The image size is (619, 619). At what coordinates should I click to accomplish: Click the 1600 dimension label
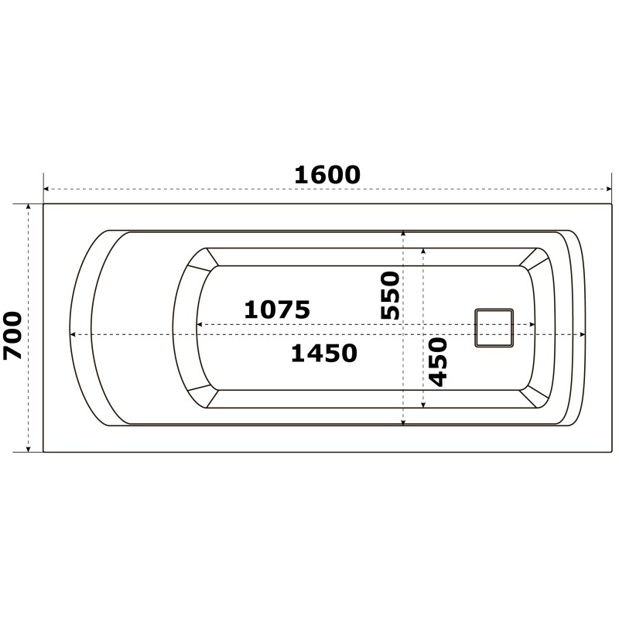pyautogui.click(x=327, y=175)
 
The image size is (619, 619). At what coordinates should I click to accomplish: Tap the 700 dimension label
pyautogui.click(x=12, y=336)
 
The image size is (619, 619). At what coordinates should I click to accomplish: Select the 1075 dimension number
pyautogui.click(x=277, y=309)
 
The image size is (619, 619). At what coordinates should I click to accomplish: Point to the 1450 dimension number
pyautogui.click(x=324, y=353)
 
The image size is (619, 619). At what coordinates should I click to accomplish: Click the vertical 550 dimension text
pyautogui.click(x=390, y=295)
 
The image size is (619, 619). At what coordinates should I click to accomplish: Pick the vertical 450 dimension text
pyautogui.click(x=438, y=361)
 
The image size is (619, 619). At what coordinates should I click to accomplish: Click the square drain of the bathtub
pyautogui.click(x=494, y=328)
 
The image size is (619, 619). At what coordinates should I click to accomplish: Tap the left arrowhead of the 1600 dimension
pyautogui.click(x=46, y=189)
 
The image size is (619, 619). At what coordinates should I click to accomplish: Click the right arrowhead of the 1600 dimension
pyautogui.click(x=609, y=189)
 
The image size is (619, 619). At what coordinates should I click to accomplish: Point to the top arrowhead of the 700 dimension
pyautogui.click(x=28, y=207)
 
